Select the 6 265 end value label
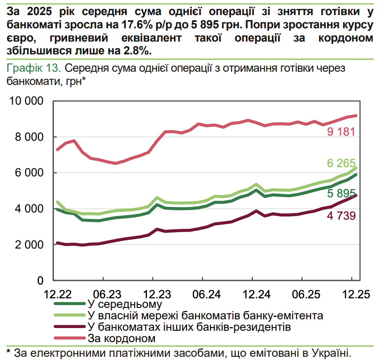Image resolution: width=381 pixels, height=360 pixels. (x=341, y=163)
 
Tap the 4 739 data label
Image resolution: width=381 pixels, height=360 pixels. (x=341, y=216)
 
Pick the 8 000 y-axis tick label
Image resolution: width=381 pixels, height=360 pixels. (x=29, y=137)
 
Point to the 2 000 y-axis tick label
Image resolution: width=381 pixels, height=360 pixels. (x=29, y=245)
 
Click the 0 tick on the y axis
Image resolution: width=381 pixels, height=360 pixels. (x=40, y=281)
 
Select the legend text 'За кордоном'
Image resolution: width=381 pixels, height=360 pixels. (x=121, y=339)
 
